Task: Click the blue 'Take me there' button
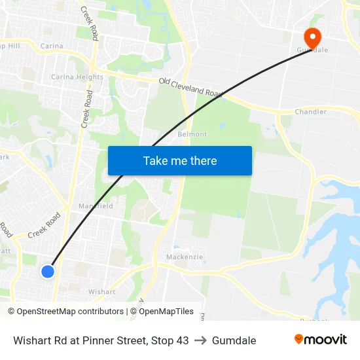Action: tap(179, 160)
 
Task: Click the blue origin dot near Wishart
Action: tap(47, 271)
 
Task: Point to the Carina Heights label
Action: tap(77, 77)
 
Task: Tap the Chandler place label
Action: tap(310, 112)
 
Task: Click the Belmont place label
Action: tap(192, 134)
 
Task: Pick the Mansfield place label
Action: tap(96, 206)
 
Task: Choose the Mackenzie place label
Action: tap(185, 257)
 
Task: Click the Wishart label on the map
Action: tap(101, 292)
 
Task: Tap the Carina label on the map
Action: tap(52, 46)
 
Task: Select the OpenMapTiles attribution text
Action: tap(165, 312)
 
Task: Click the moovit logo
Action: tap(321, 339)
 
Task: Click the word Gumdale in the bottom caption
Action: tap(234, 340)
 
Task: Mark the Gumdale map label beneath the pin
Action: tap(312, 50)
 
